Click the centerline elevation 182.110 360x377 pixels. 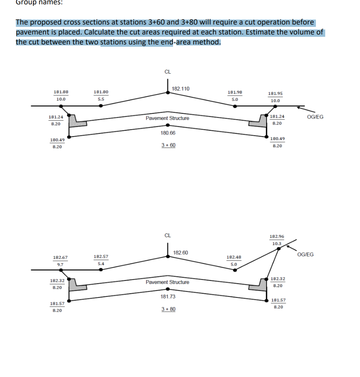pos(181,89)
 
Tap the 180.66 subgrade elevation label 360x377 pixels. pos(168,133)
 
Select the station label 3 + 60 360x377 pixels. pos(168,145)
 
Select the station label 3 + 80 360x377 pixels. pos(168,309)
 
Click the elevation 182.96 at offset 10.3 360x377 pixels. pos(277,236)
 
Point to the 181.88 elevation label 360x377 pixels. pos(61,92)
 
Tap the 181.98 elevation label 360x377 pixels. pos(235,92)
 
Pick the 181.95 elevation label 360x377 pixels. pos(275,94)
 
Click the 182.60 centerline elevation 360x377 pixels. pos(180,253)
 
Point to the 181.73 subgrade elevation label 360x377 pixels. pos(168,297)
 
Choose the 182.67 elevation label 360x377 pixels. pos(60,257)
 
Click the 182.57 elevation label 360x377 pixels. pos(101,256)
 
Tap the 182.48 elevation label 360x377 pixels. pos(234,257)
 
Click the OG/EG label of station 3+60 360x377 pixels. pos(315,117)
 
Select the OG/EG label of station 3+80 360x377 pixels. pos(306,254)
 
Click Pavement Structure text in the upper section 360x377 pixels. pos(167,118)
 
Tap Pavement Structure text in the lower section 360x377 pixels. pos(167,282)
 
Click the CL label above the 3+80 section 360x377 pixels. pos(167,235)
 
